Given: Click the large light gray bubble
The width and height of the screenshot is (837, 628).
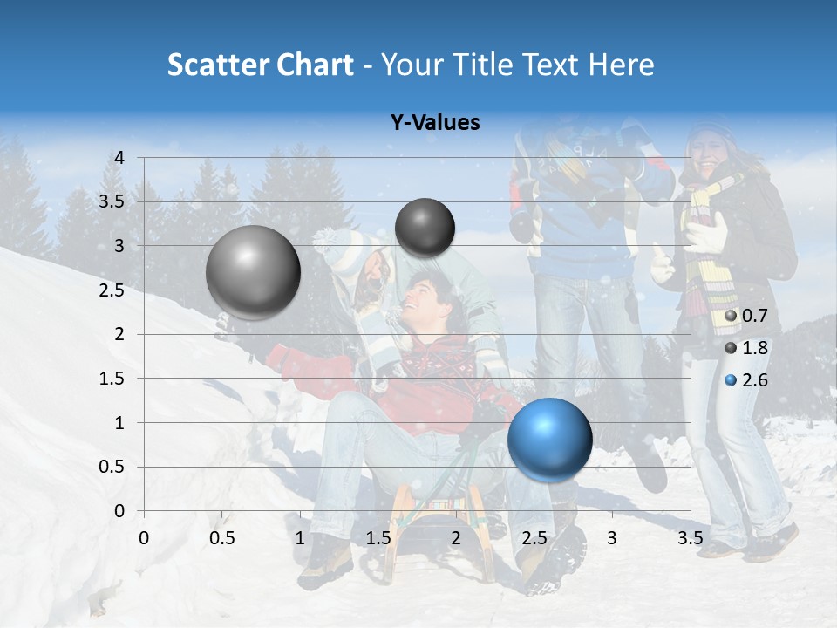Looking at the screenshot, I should pos(253,272).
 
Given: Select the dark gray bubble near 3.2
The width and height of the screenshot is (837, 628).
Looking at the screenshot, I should pos(425,228).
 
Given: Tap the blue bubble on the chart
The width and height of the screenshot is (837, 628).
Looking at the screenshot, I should pos(549,439).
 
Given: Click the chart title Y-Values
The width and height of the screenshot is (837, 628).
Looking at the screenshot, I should pos(434,123).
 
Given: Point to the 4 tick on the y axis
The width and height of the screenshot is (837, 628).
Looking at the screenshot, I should pos(120,158).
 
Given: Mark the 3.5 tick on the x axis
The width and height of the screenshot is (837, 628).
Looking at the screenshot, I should pos(690,538).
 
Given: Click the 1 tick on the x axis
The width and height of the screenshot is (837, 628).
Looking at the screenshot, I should pos(300,538).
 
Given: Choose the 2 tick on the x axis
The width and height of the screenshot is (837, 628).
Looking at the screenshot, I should pos(456,538).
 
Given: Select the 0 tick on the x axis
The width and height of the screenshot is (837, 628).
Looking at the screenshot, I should pos(144,538).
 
